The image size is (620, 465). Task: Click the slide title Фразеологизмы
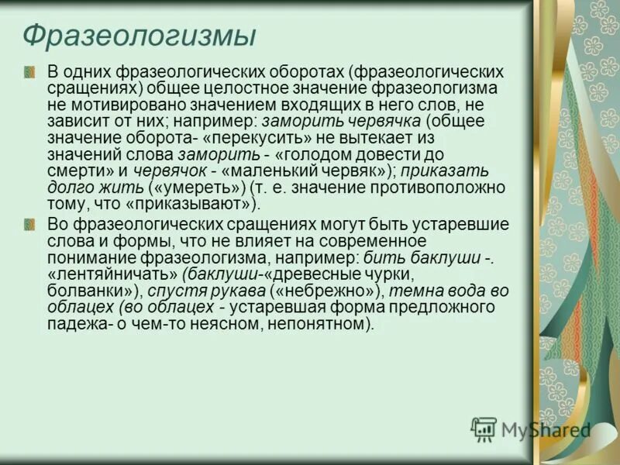[x=139, y=36]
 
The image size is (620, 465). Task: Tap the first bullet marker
[x=29, y=72]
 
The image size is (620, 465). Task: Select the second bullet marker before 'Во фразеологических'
[x=29, y=224]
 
